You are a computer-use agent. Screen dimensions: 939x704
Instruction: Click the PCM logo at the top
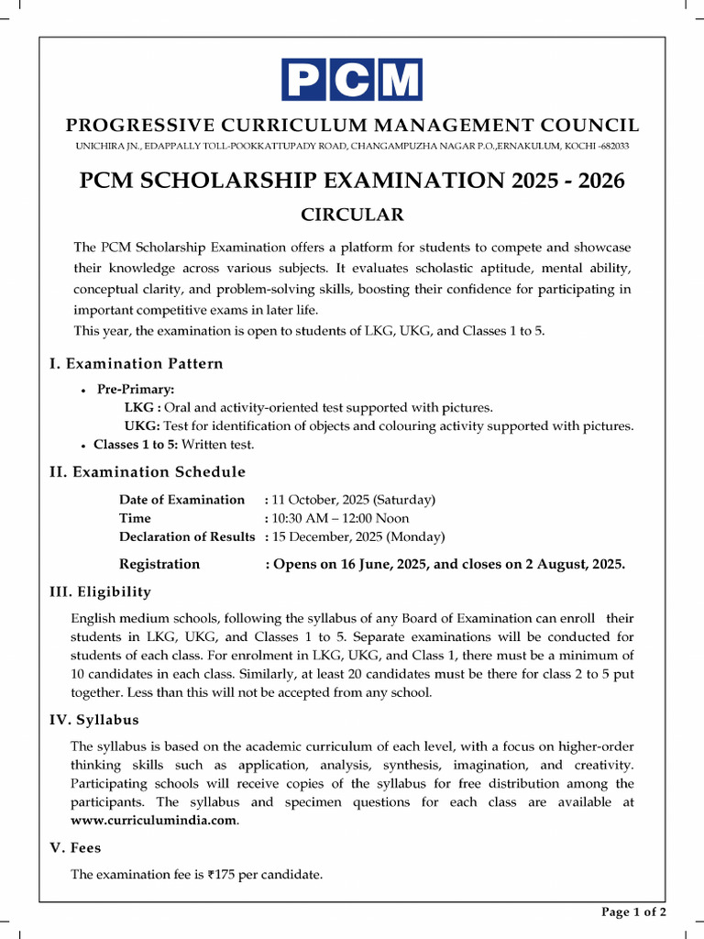coord(352,79)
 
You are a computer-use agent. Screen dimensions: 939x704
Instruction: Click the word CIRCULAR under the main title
coord(352,215)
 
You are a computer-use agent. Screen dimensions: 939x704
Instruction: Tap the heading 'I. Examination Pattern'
coord(136,364)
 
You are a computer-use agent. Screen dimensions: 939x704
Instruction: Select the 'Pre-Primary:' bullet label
coord(136,390)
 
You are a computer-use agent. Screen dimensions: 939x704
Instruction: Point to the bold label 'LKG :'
coord(143,408)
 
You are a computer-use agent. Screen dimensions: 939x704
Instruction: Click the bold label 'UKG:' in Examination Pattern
coord(142,426)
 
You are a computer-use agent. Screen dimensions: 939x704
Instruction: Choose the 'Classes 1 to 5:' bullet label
coord(136,445)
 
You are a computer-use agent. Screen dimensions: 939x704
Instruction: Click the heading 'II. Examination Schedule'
coord(147,472)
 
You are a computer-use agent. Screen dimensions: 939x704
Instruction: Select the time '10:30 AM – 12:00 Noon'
coord(340,518)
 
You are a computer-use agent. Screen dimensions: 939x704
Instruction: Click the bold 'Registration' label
coord(159,564)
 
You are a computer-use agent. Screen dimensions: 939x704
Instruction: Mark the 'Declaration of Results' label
coord(187,536)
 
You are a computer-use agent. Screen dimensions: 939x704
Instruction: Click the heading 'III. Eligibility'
coord(100,592)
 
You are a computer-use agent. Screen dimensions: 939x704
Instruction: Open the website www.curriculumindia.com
coord(154,821)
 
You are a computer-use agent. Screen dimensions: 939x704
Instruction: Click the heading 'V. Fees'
coord(75,848)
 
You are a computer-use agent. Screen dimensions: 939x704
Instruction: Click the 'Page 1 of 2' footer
coord(632,911)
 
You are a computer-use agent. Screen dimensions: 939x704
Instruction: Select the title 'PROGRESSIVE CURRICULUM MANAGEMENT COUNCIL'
coord(352,126)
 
